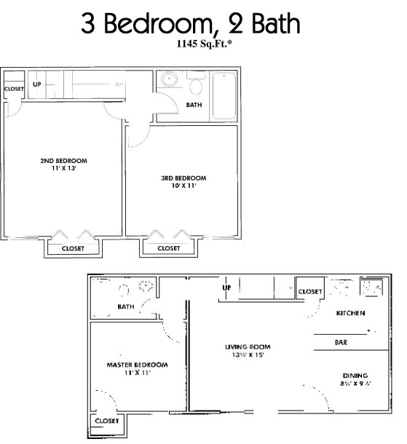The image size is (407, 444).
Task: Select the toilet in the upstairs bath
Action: [195, 86]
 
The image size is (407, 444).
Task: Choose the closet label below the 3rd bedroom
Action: [169, 248]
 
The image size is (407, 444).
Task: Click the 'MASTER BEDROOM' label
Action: [138, 364]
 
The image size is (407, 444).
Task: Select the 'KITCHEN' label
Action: [349, 314]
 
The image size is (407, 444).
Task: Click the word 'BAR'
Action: [340, 341]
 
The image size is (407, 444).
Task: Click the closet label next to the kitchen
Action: [310, 291]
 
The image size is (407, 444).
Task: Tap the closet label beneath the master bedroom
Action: [106, 421]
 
